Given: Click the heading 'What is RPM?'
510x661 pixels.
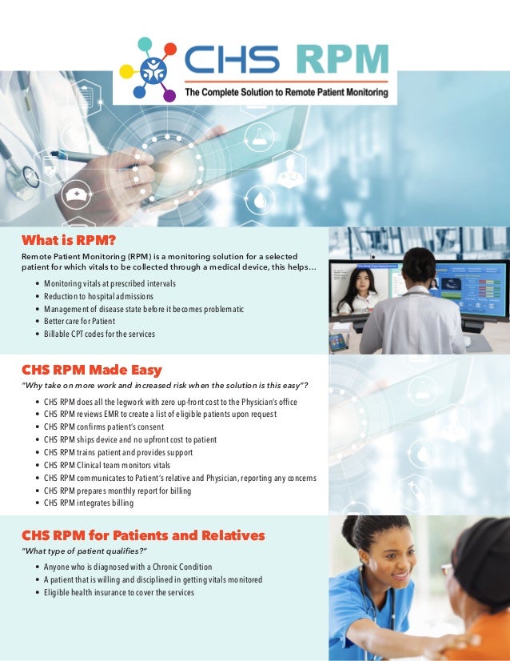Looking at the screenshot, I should pos(68,239).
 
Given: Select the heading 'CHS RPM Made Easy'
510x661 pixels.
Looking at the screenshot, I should pos(91,370).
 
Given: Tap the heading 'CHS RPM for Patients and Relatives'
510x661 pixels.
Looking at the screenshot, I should pos(142,535).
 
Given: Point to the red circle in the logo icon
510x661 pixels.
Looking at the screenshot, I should pos(169,50).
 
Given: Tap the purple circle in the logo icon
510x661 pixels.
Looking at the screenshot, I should pos(169,95).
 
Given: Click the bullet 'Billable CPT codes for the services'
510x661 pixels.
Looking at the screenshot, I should pos(99,334).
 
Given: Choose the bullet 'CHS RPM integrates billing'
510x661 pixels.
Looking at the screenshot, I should pos(89,503).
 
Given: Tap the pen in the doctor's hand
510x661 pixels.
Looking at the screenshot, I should pos(88,159).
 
